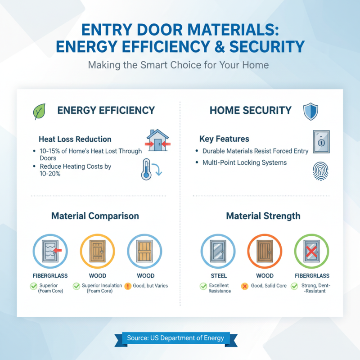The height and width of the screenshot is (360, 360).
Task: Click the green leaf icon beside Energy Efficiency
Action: [x=39, y=111]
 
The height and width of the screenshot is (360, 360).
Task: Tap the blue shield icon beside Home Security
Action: [x=310, y=111]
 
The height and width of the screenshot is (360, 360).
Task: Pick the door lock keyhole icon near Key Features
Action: [x=320, y=142]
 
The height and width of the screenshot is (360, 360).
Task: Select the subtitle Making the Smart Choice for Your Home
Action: [x=179, y=65]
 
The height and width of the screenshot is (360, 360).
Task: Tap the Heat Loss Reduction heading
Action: [x=75, y=139]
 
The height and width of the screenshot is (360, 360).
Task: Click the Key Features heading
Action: [x=224, y=139]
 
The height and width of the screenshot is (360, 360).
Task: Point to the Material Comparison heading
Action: [x=95, y=216]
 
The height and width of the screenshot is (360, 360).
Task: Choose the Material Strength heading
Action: [x=263, y=216]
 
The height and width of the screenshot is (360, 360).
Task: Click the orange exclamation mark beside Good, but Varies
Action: [x=127, y=286]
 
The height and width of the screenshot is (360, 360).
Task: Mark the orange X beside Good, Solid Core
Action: [x=245, y=286]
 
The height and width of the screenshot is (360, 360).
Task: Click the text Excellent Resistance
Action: [x=220, y=288]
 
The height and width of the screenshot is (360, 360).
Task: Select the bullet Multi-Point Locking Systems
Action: [x=244, y=162]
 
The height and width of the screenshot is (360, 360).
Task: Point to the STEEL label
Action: [x=219, y=275]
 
